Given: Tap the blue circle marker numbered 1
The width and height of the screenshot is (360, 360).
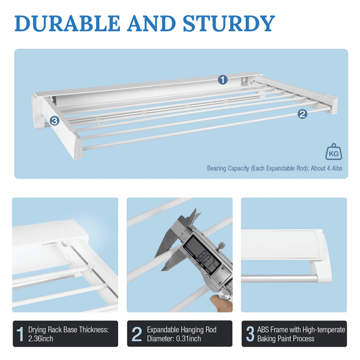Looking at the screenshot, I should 222,79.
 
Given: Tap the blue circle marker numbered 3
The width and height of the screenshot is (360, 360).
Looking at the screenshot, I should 54,121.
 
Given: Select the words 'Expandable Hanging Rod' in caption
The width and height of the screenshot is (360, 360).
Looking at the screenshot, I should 182,328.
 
